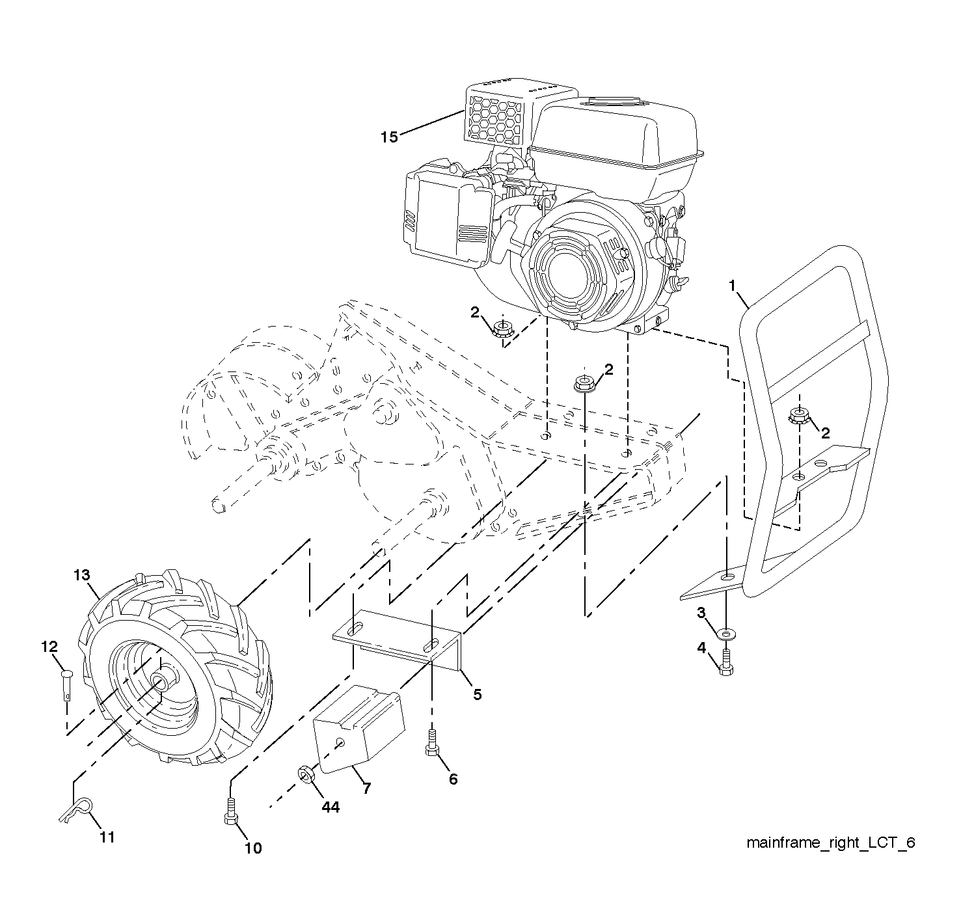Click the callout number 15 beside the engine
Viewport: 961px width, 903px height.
[389, 137]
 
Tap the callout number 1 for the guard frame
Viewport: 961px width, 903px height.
[732, 286]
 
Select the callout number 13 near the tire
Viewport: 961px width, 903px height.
[82, 575]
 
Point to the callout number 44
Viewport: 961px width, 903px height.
[331, 807]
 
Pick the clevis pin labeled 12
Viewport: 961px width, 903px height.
[67, 684]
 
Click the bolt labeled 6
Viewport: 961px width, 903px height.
[431, 743]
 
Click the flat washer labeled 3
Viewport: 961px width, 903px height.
[725, 634]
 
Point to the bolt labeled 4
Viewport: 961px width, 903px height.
[726, 663]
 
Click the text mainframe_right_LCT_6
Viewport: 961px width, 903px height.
[831, 842]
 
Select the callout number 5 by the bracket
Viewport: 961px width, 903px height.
[477, 695]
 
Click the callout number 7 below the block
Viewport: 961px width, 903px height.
[366, 788]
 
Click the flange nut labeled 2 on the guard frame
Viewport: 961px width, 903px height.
[799, 416]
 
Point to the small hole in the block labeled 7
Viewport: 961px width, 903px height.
[340, 742]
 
